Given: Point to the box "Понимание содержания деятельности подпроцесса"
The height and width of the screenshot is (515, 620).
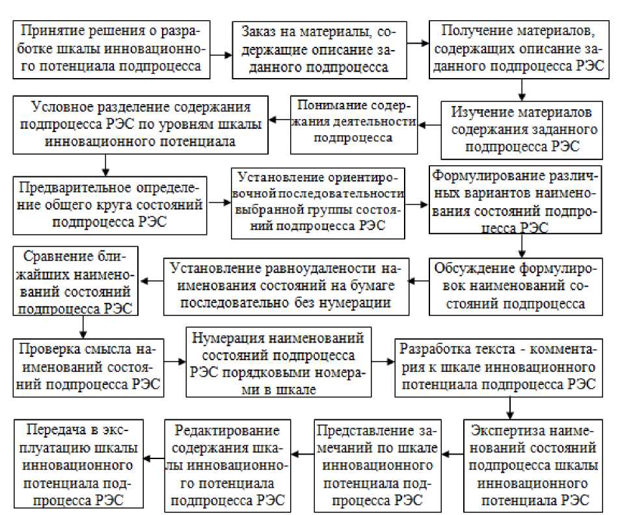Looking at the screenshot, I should coord(355,121).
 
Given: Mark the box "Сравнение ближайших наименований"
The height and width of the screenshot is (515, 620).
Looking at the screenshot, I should coord(77,281).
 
